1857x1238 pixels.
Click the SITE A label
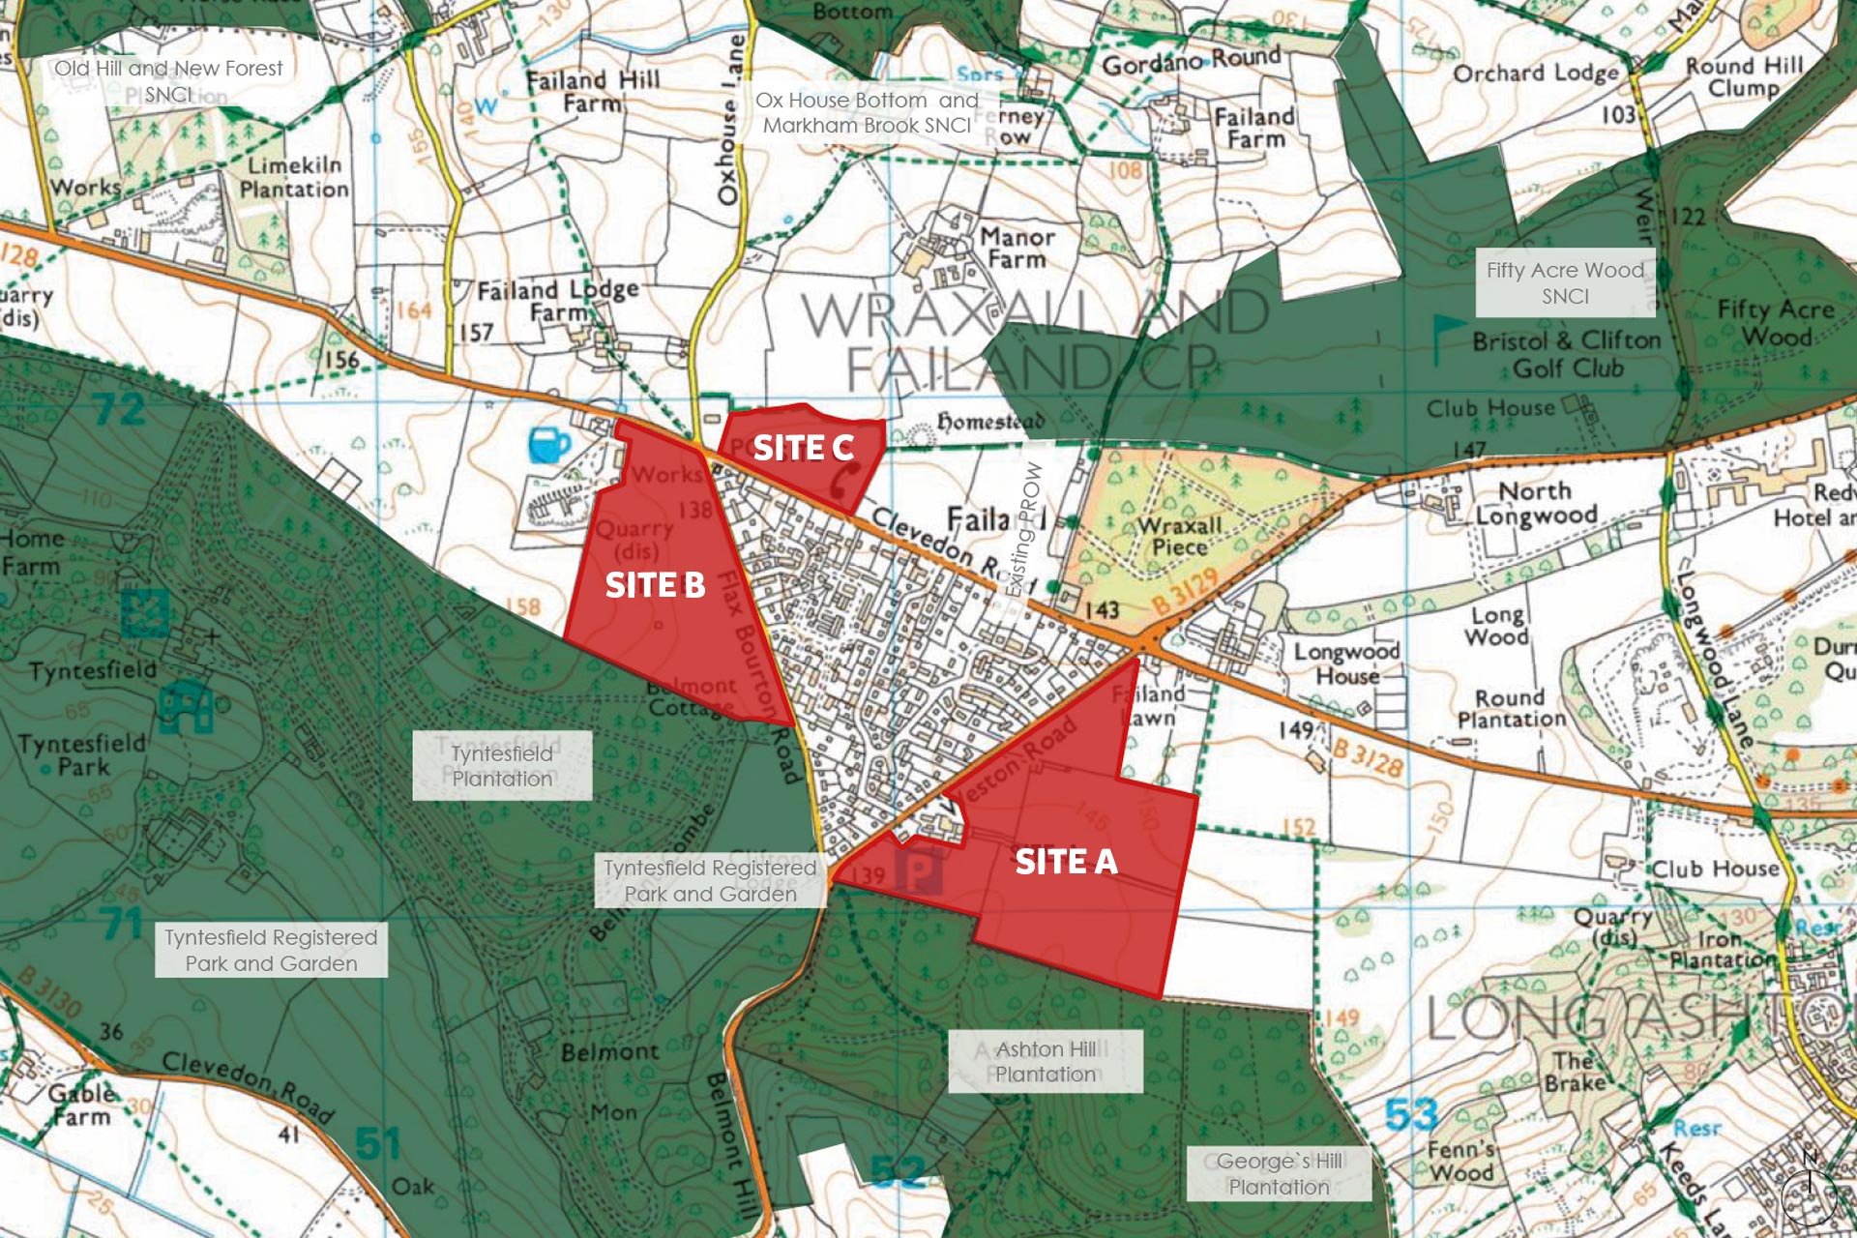pos(1066,862)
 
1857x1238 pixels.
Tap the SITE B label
pos(655,585)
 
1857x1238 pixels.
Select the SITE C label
pos(803,448)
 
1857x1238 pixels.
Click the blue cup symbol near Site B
pos(549,445)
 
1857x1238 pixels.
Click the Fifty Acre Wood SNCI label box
pos(1565,282)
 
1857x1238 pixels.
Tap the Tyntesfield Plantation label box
pos(502,765)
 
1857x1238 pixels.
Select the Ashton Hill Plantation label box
pos(1046,1061)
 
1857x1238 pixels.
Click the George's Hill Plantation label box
pos(1279,1173)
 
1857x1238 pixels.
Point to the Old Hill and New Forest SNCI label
pos(168,80)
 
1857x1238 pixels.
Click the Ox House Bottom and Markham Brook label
pos(867,112)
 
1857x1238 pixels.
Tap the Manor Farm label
pos(1017,248)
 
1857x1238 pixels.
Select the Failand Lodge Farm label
pos(558,301)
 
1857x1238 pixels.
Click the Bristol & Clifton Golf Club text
pos(1567,354)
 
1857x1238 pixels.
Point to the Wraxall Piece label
pos(1180,536)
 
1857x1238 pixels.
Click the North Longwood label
pos(1536,503)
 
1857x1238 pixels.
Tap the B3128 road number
pos(1368,758)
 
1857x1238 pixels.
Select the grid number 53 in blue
pos(1412,1114)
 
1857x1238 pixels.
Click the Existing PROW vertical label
pos(1025,528)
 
